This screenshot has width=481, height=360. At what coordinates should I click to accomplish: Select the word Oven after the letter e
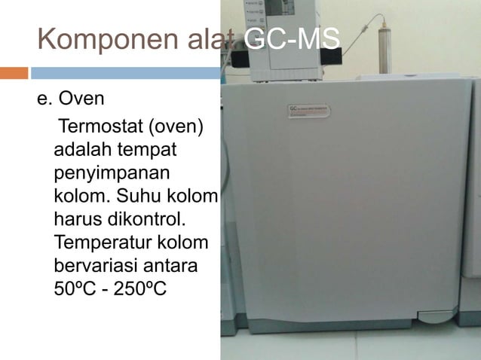click(x=84, y=99)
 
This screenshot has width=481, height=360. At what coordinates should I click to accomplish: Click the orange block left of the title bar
click(x=14, y=73)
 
